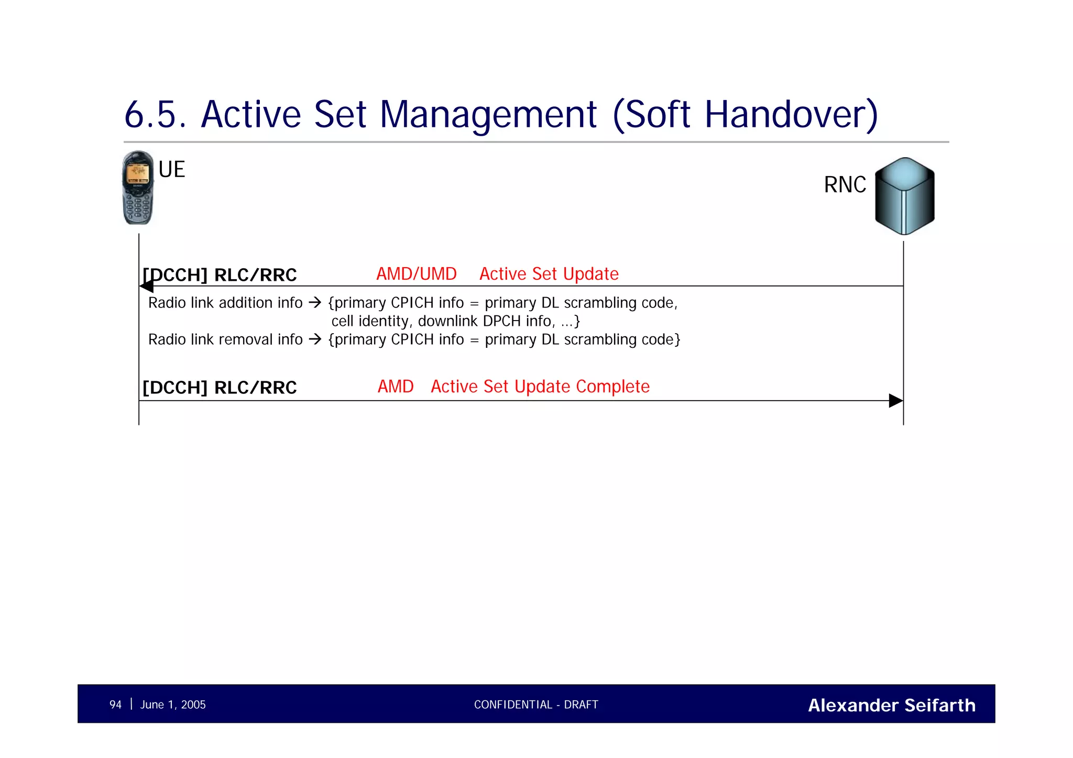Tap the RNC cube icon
904,196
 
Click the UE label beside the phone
172,170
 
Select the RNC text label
845,185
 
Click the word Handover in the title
791,114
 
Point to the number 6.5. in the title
155,114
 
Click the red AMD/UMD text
417,274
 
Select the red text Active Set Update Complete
540,387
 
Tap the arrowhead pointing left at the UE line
147,286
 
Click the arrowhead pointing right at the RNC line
896,401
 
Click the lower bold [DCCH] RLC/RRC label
220,388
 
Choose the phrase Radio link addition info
225,303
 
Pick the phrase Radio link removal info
225,339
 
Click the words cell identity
370,321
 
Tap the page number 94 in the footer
115,705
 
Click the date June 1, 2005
173,705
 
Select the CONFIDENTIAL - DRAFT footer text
536,705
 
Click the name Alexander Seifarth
891,705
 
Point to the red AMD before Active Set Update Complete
396,387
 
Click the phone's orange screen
138,172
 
